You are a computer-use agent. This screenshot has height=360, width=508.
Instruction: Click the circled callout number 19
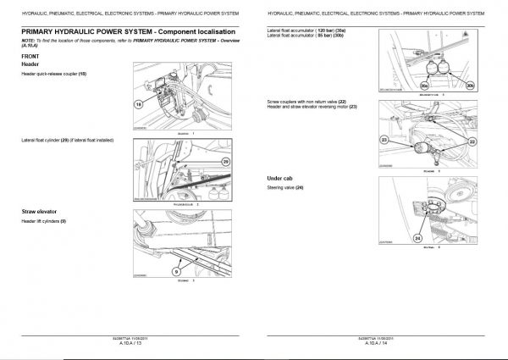[139, 102]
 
